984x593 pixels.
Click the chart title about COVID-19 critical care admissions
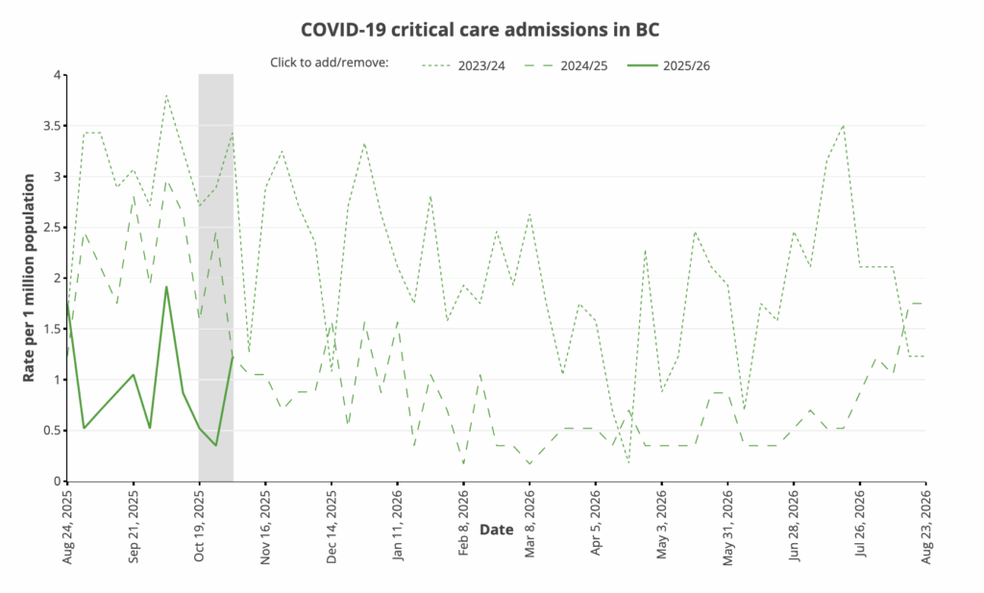480,28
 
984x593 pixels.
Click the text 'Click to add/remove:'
329,63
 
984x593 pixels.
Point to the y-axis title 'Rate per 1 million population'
30,278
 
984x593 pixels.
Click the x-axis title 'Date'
496,530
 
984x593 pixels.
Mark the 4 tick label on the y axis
57,75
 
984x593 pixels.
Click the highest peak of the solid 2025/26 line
166,286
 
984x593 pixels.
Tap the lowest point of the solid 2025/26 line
216,445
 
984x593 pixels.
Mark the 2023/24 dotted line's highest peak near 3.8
166,95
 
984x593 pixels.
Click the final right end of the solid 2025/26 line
233,358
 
